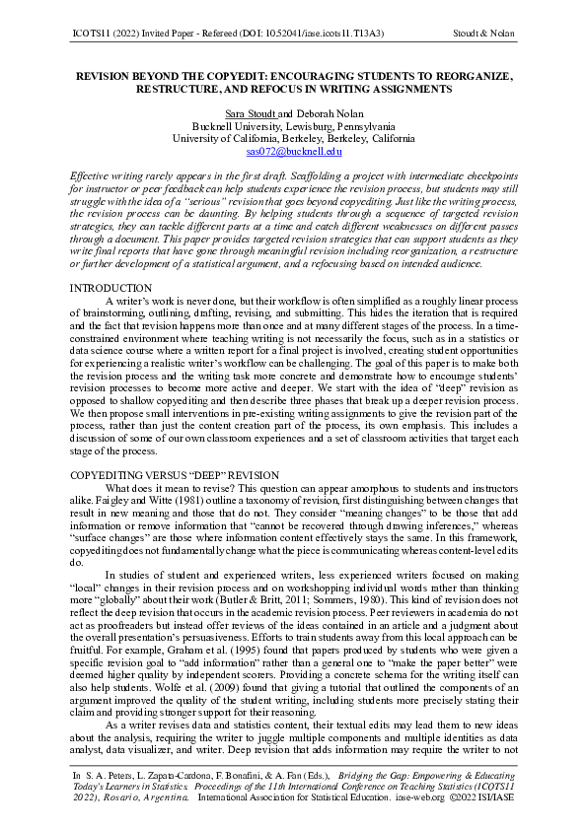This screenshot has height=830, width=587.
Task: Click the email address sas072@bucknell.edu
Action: pyautogui.click(x=293, y=152)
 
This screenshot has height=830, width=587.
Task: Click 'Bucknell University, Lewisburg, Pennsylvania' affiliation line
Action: pyautogui.click(x=293, y=126)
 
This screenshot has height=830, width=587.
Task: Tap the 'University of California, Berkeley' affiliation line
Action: pyautogui.click(x=293, y=139)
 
